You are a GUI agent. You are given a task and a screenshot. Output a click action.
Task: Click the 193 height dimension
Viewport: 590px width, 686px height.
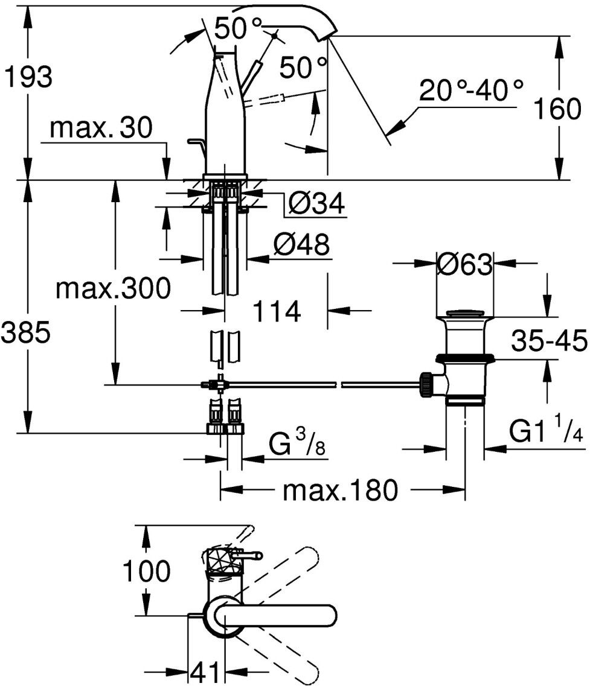pos(28,77)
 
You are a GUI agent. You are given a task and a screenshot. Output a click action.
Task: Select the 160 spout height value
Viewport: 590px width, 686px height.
pos(557,109)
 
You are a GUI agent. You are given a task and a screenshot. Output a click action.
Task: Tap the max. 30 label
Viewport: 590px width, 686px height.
pos(101,127)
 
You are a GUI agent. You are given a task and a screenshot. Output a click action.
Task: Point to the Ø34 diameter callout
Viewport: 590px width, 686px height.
pos(316,203)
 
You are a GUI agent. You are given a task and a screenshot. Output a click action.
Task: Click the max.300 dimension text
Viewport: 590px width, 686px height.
pos(113,288)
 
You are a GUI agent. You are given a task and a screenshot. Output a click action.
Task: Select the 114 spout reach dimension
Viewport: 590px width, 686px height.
pos(277,311)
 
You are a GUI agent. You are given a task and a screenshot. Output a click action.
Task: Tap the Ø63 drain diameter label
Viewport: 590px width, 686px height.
pos(465,264)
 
